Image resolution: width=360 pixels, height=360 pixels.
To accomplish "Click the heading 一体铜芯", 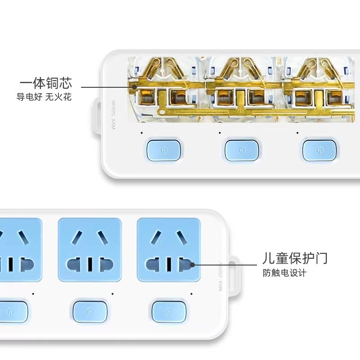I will tap(45, 84).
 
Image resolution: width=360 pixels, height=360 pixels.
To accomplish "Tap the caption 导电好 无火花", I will tap(44, 97).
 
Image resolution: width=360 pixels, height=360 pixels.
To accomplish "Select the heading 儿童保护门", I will tap(295, 258).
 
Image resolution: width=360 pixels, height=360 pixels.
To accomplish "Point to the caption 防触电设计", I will tap(284, 273).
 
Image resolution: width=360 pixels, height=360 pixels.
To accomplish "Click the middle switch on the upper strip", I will tap(243, 150).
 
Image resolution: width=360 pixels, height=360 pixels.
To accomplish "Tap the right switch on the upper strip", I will tap(320, 150).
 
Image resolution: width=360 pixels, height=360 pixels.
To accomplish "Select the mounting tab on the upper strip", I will tap(97, 115).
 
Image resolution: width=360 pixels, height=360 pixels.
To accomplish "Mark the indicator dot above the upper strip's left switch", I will tap(141, 133).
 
